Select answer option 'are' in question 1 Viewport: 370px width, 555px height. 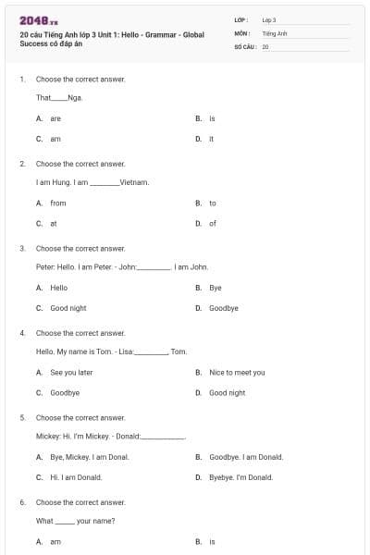click(55, 118)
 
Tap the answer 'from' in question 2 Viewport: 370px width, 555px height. click(58, 203)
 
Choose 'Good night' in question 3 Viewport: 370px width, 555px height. click(68, 308)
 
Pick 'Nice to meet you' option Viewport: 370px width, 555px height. click(237, 372)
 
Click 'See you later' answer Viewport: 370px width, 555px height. click(71, 372)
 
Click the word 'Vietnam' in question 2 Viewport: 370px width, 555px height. click(134, 182)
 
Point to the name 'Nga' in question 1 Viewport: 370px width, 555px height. click(75, 98)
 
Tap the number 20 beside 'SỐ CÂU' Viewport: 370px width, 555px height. click(265, 45)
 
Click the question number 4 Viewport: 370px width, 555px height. click(22, 333)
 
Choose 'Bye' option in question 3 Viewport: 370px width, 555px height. click(216, 288)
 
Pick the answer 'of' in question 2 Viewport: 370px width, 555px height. click(213, 223)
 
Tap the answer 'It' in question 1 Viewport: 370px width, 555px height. click(212, 139)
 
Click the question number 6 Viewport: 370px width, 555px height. click(22, 502)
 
